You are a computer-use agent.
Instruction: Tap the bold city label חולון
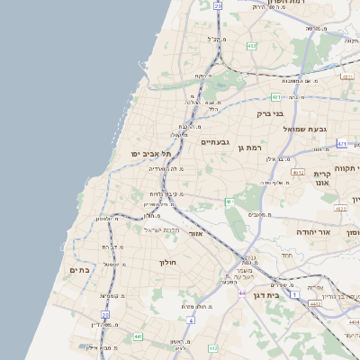tap(168, 262)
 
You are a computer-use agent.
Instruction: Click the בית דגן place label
tap(287, 293)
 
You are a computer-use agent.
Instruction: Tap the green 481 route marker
tap(276, 97)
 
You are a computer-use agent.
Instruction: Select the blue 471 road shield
tap(342, 143)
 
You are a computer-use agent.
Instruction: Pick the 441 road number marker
tap(138, 337)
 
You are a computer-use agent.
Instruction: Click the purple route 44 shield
tap(242, 292)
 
